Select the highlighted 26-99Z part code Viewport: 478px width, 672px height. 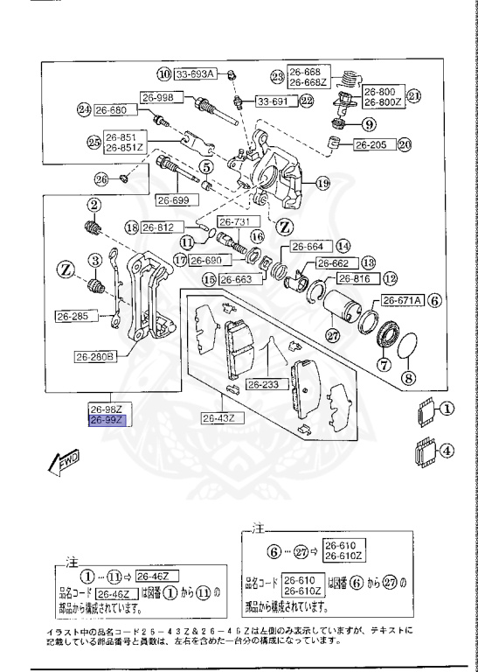point(107,421)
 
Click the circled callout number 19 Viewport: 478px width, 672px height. point(322,183)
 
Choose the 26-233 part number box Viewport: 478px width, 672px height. point(262,384)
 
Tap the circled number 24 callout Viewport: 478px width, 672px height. point(84,110)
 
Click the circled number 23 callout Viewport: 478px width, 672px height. point(278,77)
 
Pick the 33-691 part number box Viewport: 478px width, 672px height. point(273,101)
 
